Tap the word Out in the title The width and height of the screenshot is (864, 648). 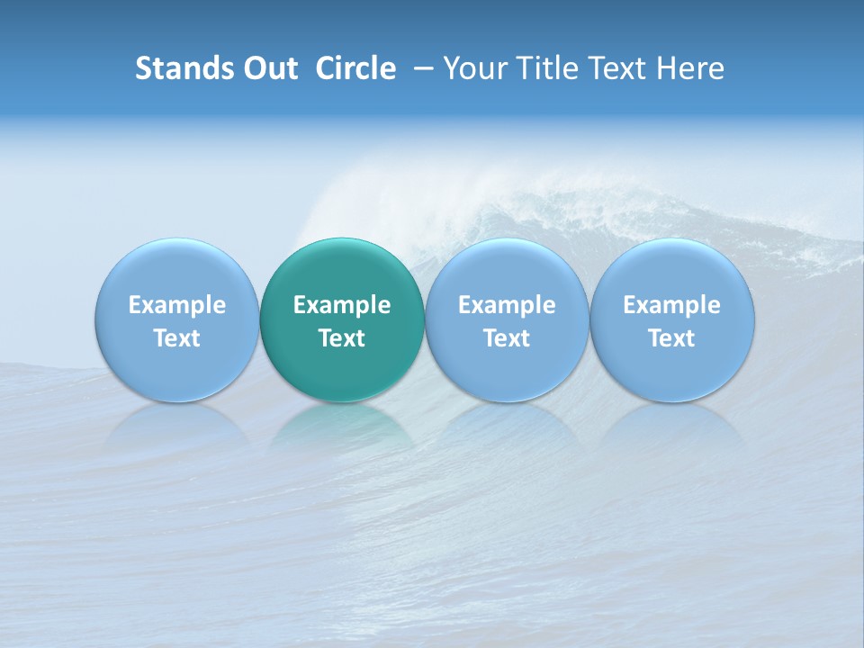pyautogui.click(x=267, y=68)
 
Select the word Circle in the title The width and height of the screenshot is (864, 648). pyautogui.click(x=355, y=68)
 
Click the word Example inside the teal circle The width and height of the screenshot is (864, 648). pyautogui.click(x=342, y=305)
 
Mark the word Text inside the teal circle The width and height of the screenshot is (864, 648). pyautogui.click(x=342, y=338)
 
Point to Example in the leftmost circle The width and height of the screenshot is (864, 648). pyautogui.click(x=176, y=305)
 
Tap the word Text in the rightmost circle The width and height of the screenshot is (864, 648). pyautogui.click(x=671, y=338)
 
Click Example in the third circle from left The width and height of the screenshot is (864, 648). pyautogui.click(x=507, y=305)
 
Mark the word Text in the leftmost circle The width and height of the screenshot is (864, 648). pyautogui.click(x=176, y=338)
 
